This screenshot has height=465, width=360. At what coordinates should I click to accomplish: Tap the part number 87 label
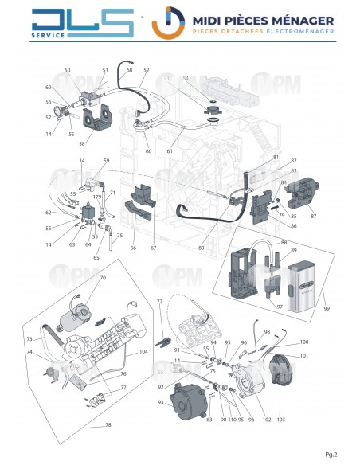(313, 216)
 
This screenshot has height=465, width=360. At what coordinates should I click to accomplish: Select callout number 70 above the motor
(103, 278)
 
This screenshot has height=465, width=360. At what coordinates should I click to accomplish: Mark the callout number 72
(159, 303)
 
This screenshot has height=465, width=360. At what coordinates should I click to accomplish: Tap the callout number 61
(170, 150)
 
